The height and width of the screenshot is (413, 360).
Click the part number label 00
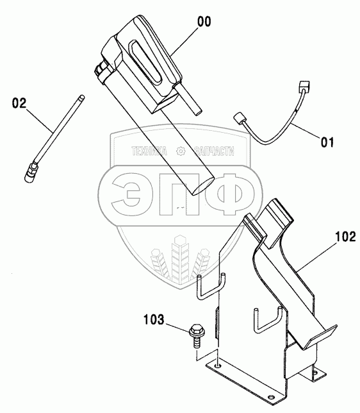[x=204, y=22]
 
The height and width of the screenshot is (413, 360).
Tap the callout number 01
[x=327, y=142]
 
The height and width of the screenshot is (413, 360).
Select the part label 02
[x=19, y=103]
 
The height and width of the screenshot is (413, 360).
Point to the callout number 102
[x=345, y=237]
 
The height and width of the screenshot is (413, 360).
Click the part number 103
[x=154, y=319]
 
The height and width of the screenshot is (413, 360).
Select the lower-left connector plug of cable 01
[x=239, y=118]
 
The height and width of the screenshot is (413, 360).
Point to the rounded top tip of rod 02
[x=83, y=97]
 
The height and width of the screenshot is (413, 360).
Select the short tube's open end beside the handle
[x=198, y=112]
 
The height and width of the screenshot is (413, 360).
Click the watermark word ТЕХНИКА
[x=149, y=151]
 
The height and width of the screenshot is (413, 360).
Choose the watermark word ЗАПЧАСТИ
[x=214, y=151]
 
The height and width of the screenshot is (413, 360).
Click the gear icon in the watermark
[x=181, y=151]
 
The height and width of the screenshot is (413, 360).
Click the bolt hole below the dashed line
[x=218, y=366]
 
